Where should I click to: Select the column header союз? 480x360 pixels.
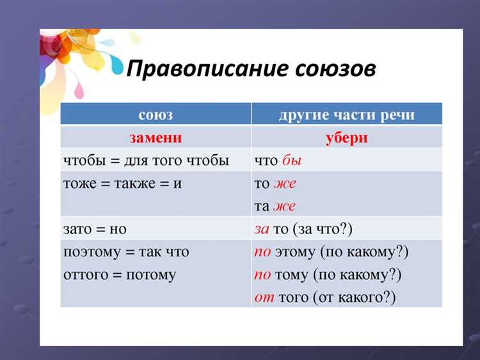click(x=156, y=115)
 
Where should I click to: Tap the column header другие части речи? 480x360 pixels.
click(x=346, y=115)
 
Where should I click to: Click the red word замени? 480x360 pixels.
click(x=156, y=137)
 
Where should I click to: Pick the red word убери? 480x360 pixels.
click(x=346, y=137)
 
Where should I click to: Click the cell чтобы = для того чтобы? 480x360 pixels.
click(x=146, y=160)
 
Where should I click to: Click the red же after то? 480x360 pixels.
click(x=285, y=184)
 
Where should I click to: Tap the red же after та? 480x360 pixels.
click(x=285, y=206)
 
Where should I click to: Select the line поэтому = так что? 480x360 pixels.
click(x=126, y=252)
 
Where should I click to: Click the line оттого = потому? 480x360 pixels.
click(x=120, y=275)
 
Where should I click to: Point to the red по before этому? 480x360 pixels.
click(x=262, y=252)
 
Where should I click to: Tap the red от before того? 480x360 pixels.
click(x=264, y=297)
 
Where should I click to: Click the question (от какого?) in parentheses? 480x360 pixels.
click(x=355, y=297)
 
